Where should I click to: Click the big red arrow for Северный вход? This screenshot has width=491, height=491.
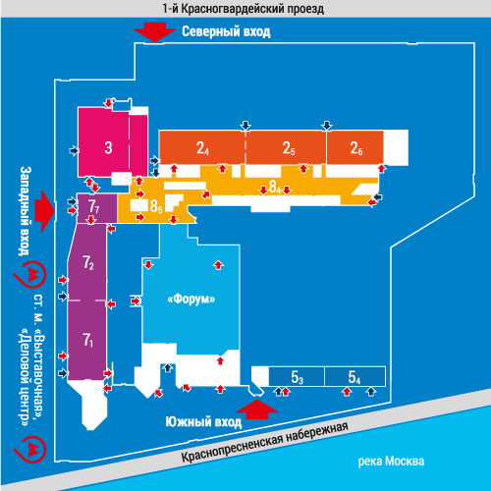coord(155,32)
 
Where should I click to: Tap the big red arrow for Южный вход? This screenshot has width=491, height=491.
coord(257,409)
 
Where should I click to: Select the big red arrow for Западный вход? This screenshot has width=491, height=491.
coord(45,211)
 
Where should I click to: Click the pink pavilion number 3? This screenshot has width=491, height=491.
coord(108,147)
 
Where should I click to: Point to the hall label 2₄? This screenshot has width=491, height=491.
coord(202,148)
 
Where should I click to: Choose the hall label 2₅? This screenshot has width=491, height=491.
coord(289,148)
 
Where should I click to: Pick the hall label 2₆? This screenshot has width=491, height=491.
coord(356,148)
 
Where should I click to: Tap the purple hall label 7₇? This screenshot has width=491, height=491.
coord(94,207)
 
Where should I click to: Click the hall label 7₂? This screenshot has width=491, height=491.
coord(88,262)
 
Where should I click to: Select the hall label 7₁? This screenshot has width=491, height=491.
coord(88,340)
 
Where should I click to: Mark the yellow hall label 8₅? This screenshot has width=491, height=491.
coord(156,206)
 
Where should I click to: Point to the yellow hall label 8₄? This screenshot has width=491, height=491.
coord(275,187)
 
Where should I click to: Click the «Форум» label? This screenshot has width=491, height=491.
coord(191,299)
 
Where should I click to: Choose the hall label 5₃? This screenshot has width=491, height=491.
coord(298,377)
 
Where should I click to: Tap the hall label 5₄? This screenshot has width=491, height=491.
coord(355,377)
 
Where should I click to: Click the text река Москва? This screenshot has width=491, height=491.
coord(391,462)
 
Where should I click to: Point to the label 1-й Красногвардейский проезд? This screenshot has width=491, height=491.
coord(244,9)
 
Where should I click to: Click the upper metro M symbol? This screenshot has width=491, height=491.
coord(30,274)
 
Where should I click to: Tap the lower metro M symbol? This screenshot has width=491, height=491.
coord(30,450)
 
